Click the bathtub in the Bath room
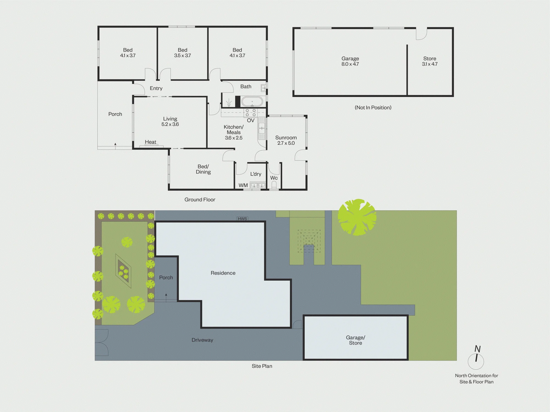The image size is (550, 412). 252,102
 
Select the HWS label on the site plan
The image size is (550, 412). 242,219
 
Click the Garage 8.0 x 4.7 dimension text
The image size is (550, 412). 350,64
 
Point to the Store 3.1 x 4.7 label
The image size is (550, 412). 430,61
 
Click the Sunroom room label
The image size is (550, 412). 286,138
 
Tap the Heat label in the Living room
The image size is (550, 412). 150,142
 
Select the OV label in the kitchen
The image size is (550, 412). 251,120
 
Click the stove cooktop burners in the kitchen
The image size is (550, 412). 251,113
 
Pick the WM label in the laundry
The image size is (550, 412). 243,185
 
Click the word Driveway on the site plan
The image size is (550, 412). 202,340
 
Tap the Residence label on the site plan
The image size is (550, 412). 223,273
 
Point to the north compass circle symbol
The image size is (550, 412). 476,361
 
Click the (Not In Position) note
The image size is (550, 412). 373,108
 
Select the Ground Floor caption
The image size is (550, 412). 200,200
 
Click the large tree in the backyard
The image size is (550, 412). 357,217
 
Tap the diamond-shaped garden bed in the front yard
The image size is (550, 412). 123,271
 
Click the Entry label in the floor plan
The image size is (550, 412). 156,88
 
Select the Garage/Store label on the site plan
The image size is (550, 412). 356,340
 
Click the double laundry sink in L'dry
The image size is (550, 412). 258,185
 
